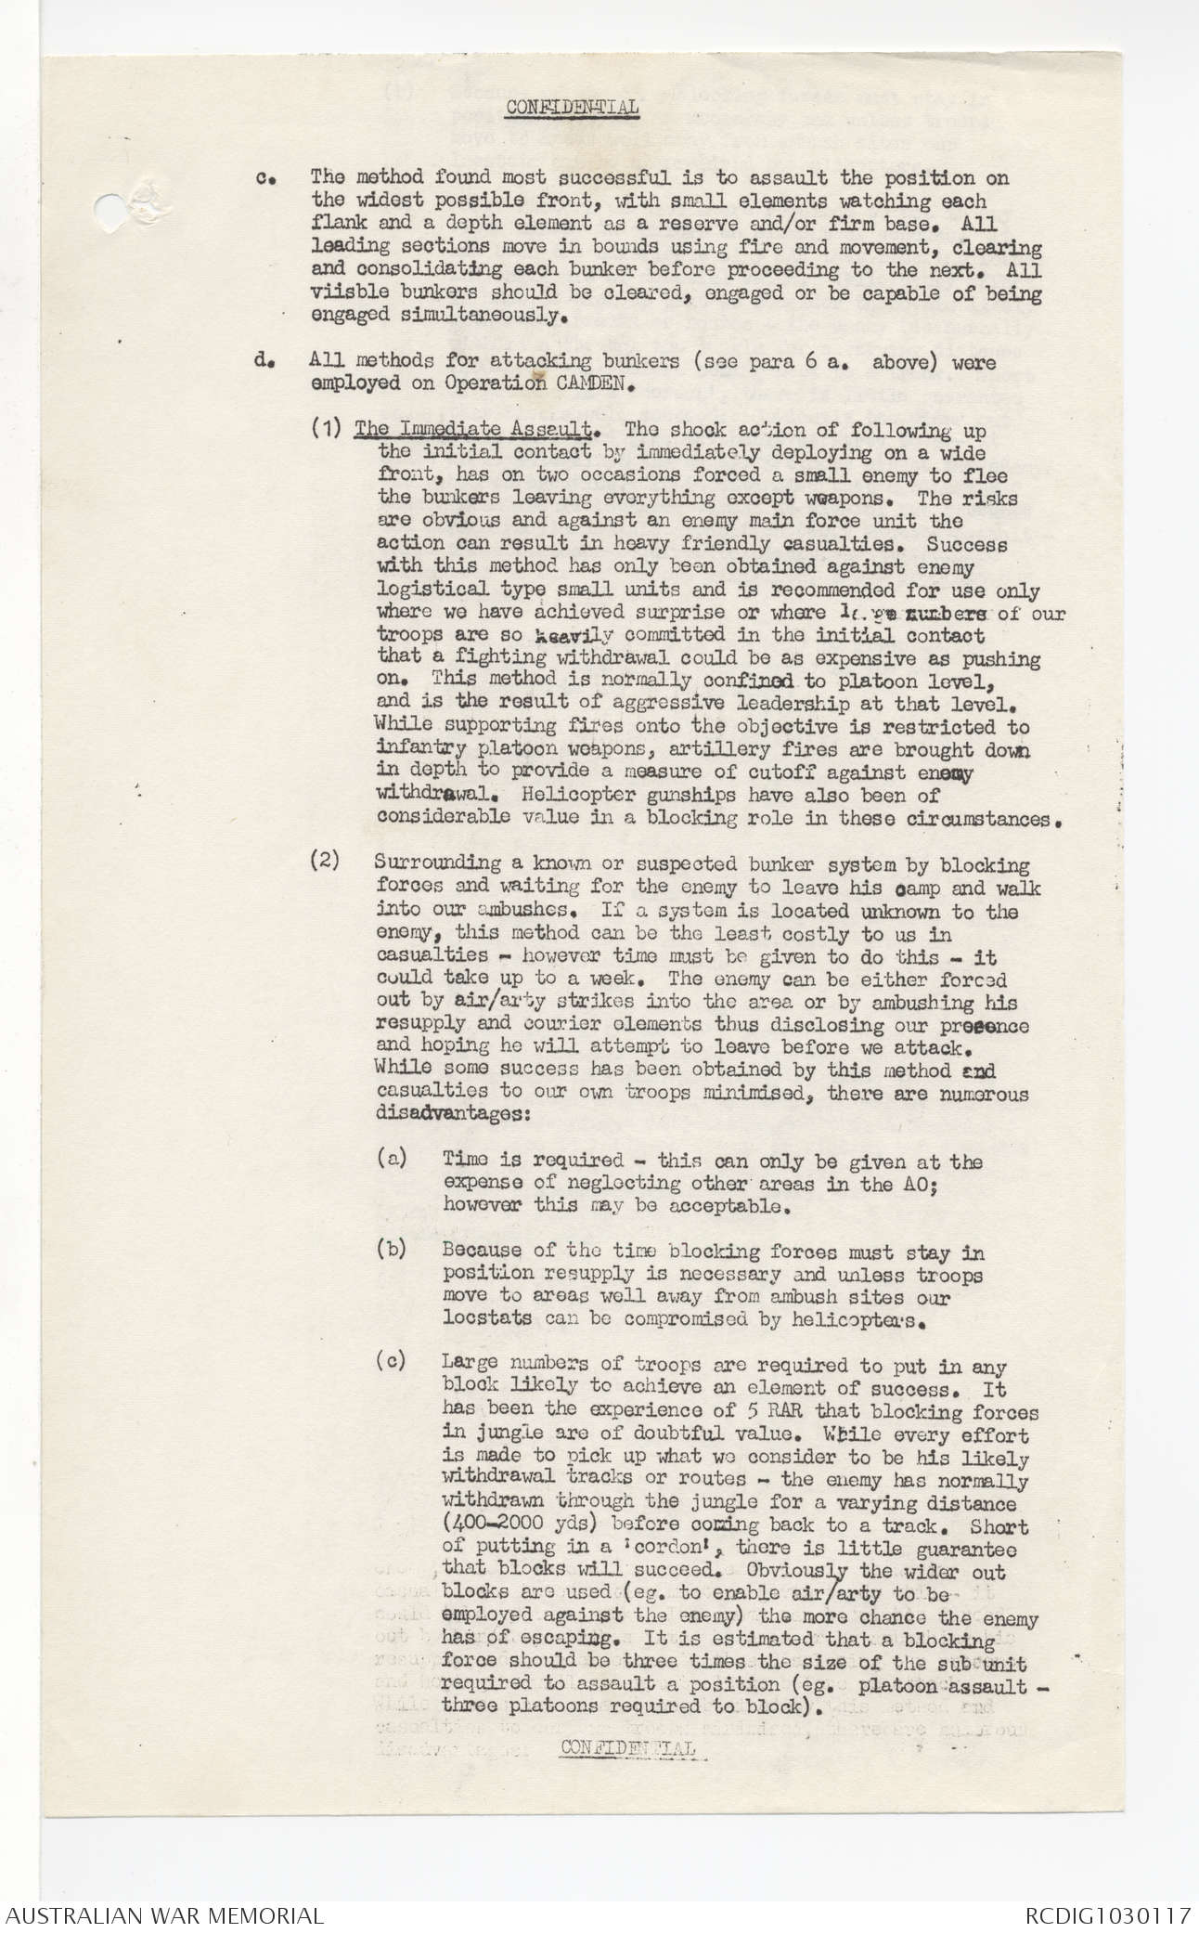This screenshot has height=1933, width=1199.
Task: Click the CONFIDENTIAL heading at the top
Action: (572, 108)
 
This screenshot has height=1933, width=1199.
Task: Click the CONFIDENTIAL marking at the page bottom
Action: (629, 1747)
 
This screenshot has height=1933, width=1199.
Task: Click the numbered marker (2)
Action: (325, 865)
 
